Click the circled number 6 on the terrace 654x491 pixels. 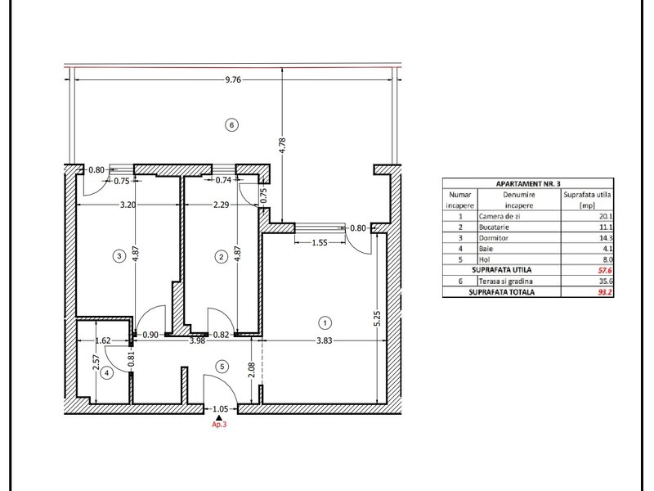[x=232, y=125]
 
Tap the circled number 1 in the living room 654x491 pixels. [x=325, y=322]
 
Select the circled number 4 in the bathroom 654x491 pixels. [x=107, y=373]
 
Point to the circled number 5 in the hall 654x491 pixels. [x=222, y=367]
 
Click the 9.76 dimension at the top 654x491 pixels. [x=233, y=79]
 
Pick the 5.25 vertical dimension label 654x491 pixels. [x=378, y=318]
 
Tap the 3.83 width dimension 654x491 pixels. [x=324, y=340]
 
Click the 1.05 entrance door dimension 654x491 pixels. [x=221, y=409]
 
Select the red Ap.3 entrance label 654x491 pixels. [x=219, y=425]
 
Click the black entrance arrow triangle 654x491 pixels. [x=219, y=417]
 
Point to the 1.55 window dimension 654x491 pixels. [x=320, y=242]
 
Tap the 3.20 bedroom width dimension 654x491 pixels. [x=128, y=205]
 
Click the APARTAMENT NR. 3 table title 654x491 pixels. [x=528, y=183]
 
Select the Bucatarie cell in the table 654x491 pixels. [x=494, y=227]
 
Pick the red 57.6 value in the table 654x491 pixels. [x=605, y=271]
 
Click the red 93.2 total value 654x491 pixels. [x=605, y=292]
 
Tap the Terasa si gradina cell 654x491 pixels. [x=505, y=282]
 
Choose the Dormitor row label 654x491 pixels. [x=491, y=238]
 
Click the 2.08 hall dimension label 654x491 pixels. [x=251, y=370]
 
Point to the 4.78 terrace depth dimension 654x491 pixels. [x=282, y=146]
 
